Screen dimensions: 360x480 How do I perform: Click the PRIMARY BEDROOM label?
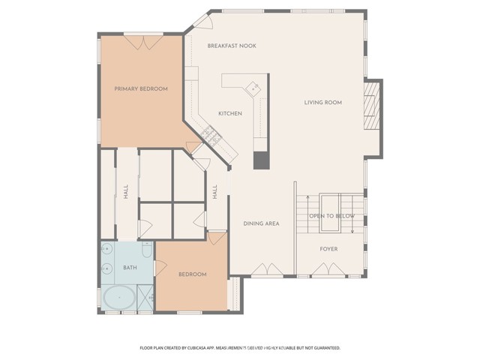click(140, 88)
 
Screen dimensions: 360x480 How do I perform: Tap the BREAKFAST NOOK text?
click(232, 46)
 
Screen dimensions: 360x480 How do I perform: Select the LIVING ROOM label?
click(322, 103)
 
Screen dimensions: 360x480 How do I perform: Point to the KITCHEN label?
click(229, 113)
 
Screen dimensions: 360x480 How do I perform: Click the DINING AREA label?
click(261, 223)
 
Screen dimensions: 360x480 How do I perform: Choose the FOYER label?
click(329, 248)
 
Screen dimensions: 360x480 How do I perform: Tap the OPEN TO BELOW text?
click(331, 216)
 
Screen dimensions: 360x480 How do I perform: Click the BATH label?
click(130, 268)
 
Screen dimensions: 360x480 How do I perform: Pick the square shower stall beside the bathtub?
click(145, 299)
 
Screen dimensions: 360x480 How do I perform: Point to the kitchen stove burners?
click(210, 136)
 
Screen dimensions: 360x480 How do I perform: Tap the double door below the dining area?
click(263, 269)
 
